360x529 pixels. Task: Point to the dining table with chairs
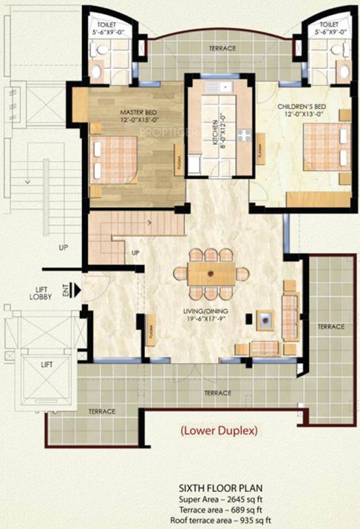(x=211, y=273)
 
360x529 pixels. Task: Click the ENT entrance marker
(x=67, y=292)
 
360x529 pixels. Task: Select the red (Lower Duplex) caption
(x=219, y=431)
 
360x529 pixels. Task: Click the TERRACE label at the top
(x=222, y=48)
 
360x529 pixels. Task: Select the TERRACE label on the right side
(x=331, y=326)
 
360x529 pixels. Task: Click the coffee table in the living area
(x=265, y=318)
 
